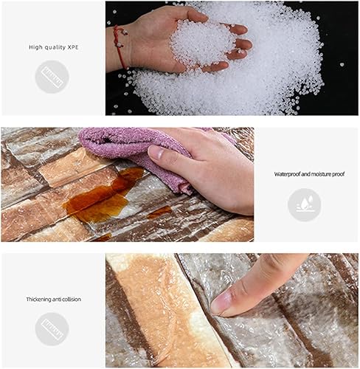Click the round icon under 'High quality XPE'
52,76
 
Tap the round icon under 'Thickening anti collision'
52,328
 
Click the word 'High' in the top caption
35,46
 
